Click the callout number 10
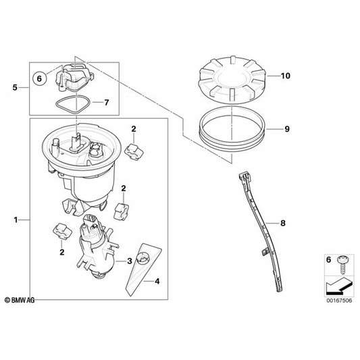pos(286,76)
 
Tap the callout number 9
pos(287,129)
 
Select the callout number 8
pos(283,223)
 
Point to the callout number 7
pos(106,103)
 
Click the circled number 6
pos(39,78)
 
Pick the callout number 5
pos(15,88)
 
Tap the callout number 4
pos(157,281)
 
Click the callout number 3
pos(130,261)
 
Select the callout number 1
pos(16,220)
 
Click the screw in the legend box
pos(342,265)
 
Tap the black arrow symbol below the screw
pos(339,286)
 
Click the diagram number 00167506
pos(339,301)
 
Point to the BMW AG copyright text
pos(20,300)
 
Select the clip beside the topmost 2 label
pos(134,151)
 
